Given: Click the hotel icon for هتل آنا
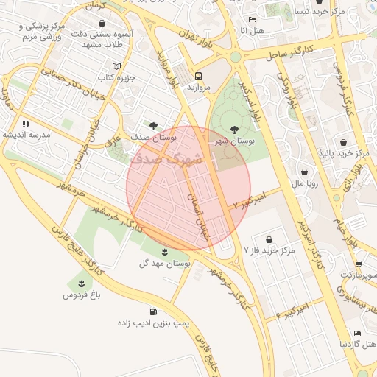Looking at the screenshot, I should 253,20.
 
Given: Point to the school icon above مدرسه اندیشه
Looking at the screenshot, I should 26,124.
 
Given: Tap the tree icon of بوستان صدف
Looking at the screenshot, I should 153,126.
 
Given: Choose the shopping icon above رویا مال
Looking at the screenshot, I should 304,172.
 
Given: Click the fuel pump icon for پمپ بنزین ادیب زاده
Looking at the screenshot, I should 153,311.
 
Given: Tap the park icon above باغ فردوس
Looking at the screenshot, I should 80,283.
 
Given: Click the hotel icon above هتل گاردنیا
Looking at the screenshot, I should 357,333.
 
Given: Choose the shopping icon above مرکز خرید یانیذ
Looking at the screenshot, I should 342,141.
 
